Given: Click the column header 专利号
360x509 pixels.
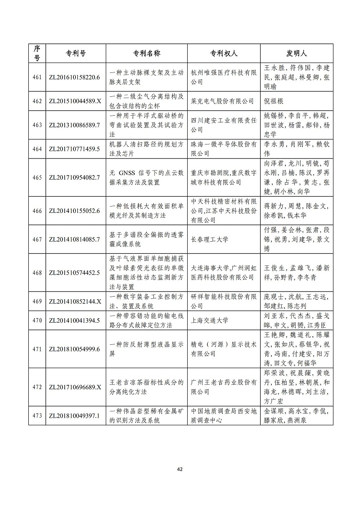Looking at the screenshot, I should [x=73, y=53].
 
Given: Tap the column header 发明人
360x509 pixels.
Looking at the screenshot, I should [x=297, y=53].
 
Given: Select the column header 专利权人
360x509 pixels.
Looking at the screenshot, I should [x=224, y=53].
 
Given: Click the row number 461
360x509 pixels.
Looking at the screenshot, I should [x=37, y=77].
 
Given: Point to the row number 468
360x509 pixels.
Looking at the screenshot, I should [x=37, y=273].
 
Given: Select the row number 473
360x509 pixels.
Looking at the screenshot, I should [x=37, y=416].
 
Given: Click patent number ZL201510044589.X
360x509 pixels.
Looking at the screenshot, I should [x=74, y=101].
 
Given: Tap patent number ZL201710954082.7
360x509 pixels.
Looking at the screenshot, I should [x=74, y=177].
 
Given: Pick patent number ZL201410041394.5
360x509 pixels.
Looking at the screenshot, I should [x=74, y=320].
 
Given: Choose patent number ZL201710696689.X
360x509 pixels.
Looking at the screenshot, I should [x=74, y=387].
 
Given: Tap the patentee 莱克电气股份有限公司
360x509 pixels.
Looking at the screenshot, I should [x=220, y=101].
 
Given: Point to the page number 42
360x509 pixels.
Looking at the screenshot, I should [x=180, y=469].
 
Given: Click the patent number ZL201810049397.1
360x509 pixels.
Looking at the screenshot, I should [x=74, y=416].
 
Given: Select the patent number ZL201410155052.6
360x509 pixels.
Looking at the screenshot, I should [x=74, y=211].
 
